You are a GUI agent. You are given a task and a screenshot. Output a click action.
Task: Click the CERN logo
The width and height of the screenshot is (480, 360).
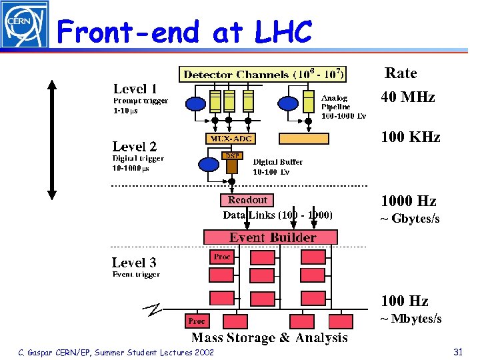[25, 25]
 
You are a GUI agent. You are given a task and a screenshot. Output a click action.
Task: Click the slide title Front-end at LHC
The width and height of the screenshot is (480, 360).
[185, 32]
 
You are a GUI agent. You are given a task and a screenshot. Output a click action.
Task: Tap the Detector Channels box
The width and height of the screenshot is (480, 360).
[263, 74]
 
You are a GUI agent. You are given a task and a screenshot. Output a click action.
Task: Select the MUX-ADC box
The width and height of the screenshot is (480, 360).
[230, 139]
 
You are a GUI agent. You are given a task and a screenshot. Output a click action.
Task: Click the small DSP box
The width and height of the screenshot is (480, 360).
[231, 156]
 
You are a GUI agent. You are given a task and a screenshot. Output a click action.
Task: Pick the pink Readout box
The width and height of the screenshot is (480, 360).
[247, 200]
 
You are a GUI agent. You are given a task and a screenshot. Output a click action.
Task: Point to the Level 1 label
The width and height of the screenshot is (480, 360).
[135, 89]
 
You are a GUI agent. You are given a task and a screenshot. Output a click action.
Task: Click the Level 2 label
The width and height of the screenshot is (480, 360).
[135, 147]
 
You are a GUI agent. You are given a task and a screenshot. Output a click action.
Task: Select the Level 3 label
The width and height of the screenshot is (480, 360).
[134, 263]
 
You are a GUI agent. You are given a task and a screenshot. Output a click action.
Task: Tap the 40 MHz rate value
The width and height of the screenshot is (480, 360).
[407, 97]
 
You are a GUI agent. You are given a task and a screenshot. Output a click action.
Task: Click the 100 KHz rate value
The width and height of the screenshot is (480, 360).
[410, 137]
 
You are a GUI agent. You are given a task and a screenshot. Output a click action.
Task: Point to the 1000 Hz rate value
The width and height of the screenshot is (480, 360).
[408, 201]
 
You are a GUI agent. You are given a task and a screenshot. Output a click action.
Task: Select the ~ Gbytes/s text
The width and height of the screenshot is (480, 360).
[409, 219]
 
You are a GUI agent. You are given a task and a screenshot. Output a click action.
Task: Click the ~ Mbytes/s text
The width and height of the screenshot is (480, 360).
[411, 319]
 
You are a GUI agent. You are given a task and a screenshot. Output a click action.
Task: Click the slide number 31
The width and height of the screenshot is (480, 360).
[457, 351]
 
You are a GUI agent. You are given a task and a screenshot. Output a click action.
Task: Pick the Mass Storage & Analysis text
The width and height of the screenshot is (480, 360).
[269, 338]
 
